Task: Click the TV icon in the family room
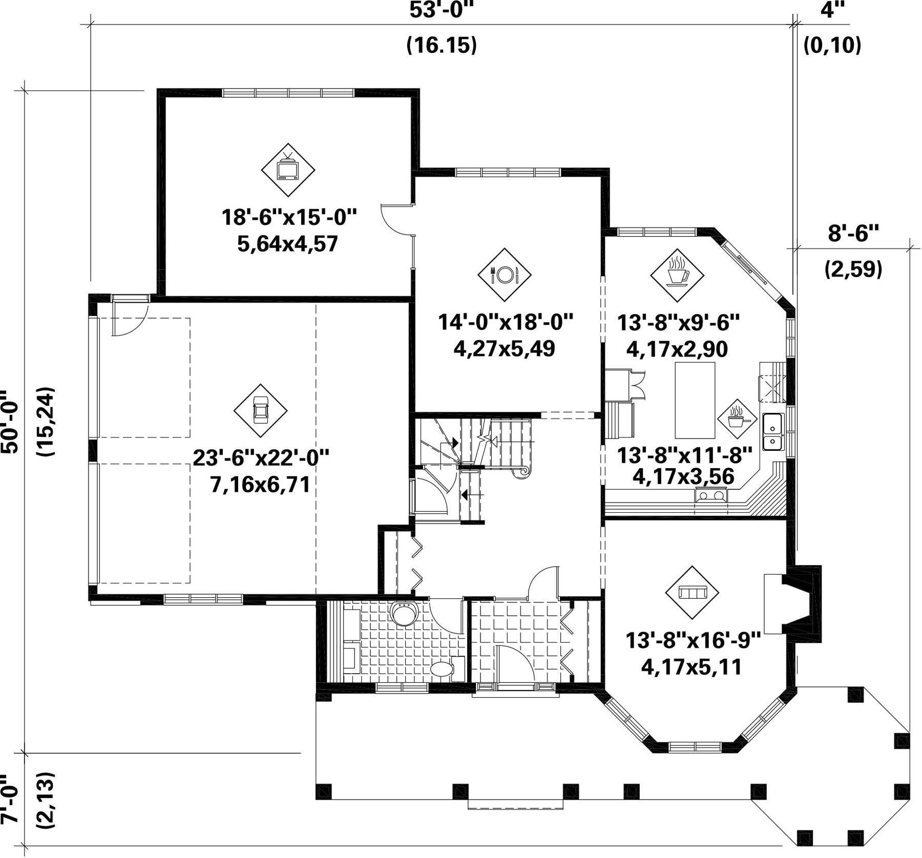point(288,170)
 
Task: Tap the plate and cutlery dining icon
point(505,275)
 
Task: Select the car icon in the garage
point(260,410)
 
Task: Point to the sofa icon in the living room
point(692,592)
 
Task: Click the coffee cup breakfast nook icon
point(677,275)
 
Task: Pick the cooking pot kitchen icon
point(737,419)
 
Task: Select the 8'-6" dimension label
point(853,234)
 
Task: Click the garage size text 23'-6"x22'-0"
point(261,457)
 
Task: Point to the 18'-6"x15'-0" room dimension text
point(289,217)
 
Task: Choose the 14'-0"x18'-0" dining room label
point(505,322)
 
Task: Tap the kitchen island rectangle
point(695,400)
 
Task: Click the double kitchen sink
point(773,432)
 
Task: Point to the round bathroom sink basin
point(404,614)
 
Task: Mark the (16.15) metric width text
point(442,45)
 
